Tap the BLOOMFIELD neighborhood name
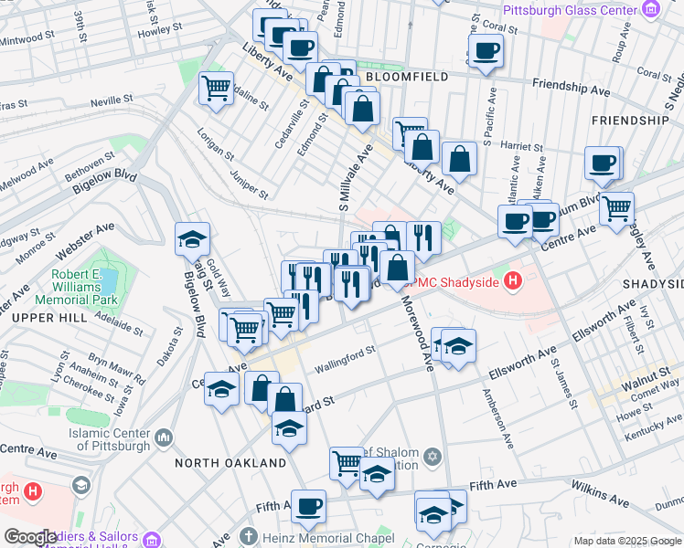[x=406, y=78]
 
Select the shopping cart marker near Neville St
[x=216, y=90]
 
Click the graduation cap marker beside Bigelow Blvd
[x=193, y=240]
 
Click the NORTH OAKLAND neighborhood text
[x=230, y=463]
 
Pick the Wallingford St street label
[x=346, y=359]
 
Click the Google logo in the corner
[x=31, y=537]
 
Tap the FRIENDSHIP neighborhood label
[x=630, y=121]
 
